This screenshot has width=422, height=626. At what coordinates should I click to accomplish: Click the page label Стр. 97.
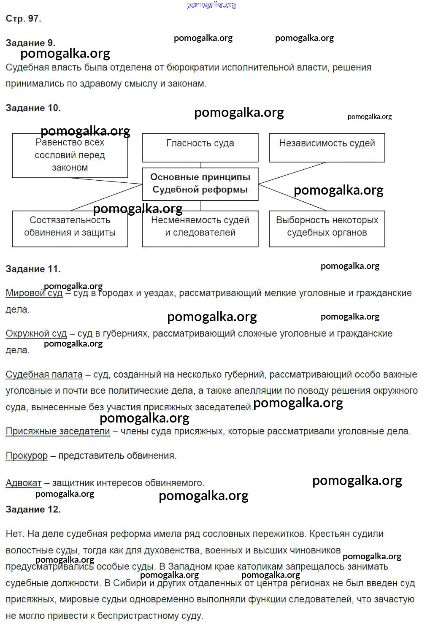click(23, 19)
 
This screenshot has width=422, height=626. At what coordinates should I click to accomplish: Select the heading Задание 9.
click(30, 43)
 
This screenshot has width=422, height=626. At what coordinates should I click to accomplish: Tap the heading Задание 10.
click(33, 108)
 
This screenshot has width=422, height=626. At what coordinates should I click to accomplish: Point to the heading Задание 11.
click(33, 269)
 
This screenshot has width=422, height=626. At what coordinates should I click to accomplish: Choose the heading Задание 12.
click(33, 509)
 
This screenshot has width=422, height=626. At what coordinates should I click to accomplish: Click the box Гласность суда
click(200, 147)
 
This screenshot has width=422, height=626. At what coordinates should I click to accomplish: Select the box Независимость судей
click(327, 147)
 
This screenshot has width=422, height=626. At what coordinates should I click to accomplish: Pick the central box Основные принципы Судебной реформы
click(200, 184)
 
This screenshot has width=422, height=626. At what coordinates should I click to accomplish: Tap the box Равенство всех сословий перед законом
click(70, 155)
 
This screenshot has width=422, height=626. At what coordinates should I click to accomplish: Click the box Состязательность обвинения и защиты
click(70, 228)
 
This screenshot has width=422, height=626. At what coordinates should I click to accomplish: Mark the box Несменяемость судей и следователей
click(200, 228)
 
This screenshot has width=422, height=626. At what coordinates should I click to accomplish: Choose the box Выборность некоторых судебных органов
click(327, 228)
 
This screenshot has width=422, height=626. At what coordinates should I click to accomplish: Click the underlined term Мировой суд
click(34, 293)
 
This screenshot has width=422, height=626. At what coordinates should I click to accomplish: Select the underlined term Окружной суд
click(36, 333)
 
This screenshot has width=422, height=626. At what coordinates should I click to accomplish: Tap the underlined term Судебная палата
click(44, 374)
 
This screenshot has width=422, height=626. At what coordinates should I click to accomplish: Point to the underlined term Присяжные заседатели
click(58, 431)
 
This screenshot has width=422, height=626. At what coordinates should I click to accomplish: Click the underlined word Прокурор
click(27, 456)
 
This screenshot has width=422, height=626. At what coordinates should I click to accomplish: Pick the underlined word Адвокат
click(24, 483)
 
